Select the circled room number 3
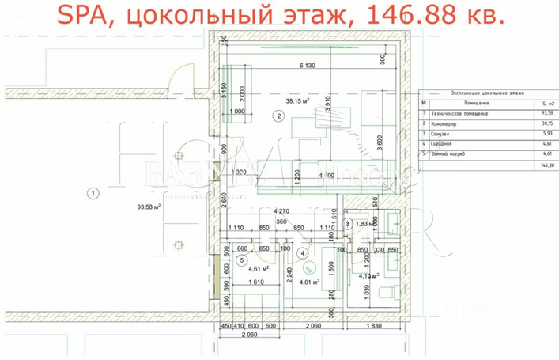(347, 224)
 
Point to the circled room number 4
(301, 253)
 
